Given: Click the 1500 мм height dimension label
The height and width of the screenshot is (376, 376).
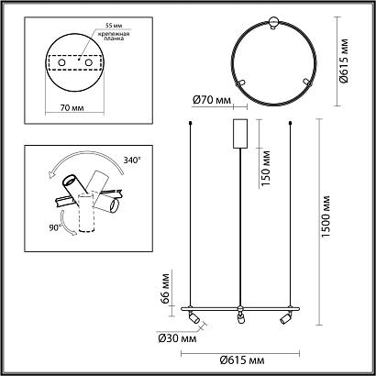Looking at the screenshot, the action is point(326,216).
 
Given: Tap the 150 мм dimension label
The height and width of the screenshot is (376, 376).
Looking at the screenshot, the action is point(266,169).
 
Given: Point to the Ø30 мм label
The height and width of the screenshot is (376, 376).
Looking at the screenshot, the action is point(177,339).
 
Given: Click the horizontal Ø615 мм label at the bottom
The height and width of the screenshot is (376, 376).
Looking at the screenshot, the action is point(242,360).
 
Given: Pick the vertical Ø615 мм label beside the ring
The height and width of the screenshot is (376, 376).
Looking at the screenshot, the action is point(345,61).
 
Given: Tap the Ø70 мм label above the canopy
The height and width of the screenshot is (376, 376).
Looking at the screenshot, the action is point(212,100).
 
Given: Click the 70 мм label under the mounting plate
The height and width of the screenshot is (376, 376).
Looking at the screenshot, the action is point(72,108).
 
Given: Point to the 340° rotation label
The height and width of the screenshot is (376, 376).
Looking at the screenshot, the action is point(132,160).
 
